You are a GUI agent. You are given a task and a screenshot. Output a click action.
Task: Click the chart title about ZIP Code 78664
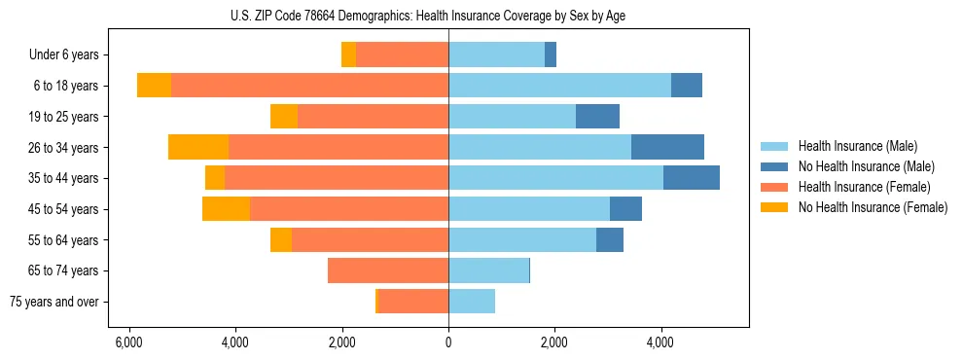coord(448,16)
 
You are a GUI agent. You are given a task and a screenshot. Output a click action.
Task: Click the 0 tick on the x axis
coord(448,342)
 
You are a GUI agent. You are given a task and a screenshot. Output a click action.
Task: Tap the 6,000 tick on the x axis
coord(128,342)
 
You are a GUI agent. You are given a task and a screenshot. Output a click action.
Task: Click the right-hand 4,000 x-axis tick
coord(660,342)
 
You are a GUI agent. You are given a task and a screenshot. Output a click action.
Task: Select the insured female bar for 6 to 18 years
coord(309,86)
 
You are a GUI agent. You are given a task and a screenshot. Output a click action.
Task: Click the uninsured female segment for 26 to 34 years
coord(198,147)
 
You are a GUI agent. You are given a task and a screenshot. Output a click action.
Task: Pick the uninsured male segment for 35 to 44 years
coord(692,178)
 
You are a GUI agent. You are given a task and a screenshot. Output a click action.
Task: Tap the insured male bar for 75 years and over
coord(472,302)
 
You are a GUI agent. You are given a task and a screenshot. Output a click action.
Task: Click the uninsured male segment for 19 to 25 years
coord(597,117)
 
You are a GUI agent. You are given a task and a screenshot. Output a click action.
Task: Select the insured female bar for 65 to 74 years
coord(388,270)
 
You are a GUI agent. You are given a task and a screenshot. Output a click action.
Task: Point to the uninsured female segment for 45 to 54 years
coord(226,209)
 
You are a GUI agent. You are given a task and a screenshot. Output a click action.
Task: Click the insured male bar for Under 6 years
coord(496,55)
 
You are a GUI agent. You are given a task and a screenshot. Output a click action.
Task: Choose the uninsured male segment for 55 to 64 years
coord(610,240)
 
